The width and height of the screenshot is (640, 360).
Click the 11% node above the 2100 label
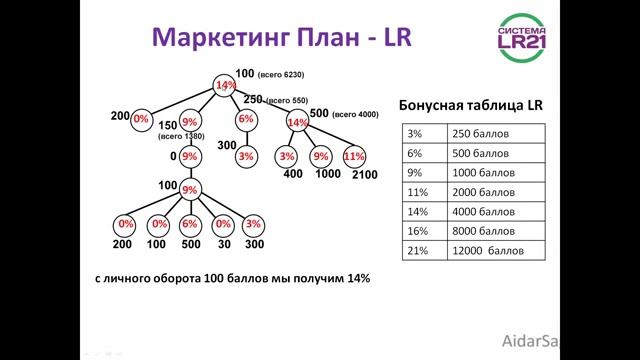(x=353, y=157)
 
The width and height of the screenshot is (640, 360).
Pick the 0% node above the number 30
(x=223, y=224)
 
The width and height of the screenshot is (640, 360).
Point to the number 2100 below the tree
(x=365, y=175)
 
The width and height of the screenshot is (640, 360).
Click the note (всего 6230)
(x=280, y=75)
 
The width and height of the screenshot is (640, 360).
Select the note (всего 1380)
(x=180, y=136)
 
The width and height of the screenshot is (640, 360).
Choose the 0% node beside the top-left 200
(x=141, y=118)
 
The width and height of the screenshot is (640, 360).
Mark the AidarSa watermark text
(x=606, y=339)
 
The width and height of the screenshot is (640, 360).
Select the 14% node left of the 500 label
(x=297, y=122)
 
